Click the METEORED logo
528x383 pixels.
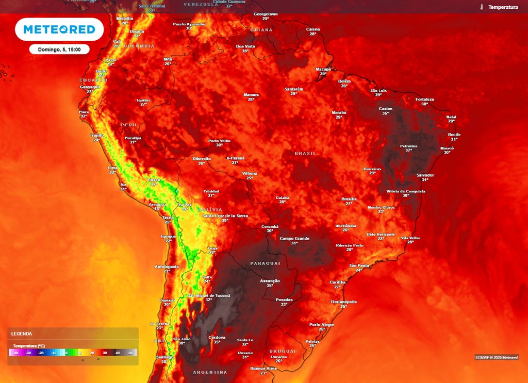click(59, 29)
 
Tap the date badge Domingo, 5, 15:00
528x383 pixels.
click(59, 49)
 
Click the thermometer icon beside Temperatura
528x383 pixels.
click(481, 7)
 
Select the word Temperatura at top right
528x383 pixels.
click(503, 7)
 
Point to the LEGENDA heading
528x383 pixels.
click(22, 334)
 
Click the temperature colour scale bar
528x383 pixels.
click(73, 353)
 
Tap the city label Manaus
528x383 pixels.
click(251, 95)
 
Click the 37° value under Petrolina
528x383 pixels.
click(409, 151)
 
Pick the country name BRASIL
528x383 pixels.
click(305, 154)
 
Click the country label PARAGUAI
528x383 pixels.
click(266, 263)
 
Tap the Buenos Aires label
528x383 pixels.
click(263, 368)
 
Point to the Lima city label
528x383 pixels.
click(113, 168)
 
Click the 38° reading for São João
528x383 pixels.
click(181, 343)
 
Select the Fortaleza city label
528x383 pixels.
click(425, 99)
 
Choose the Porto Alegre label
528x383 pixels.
click(322, 325)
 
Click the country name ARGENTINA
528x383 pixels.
click(210, 372)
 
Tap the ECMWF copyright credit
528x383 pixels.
click(497, 357)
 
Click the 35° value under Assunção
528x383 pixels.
click(270, 285)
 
